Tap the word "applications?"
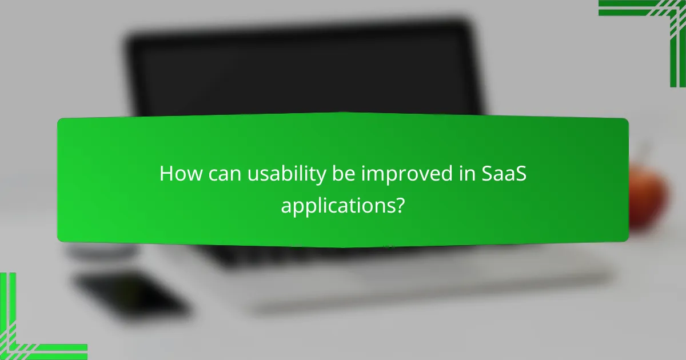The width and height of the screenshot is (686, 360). [343, 205]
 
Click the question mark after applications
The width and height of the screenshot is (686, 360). [401, 205]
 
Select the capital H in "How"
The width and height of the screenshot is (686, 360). [166, 174]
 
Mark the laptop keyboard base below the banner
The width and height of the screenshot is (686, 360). [400, 269]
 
